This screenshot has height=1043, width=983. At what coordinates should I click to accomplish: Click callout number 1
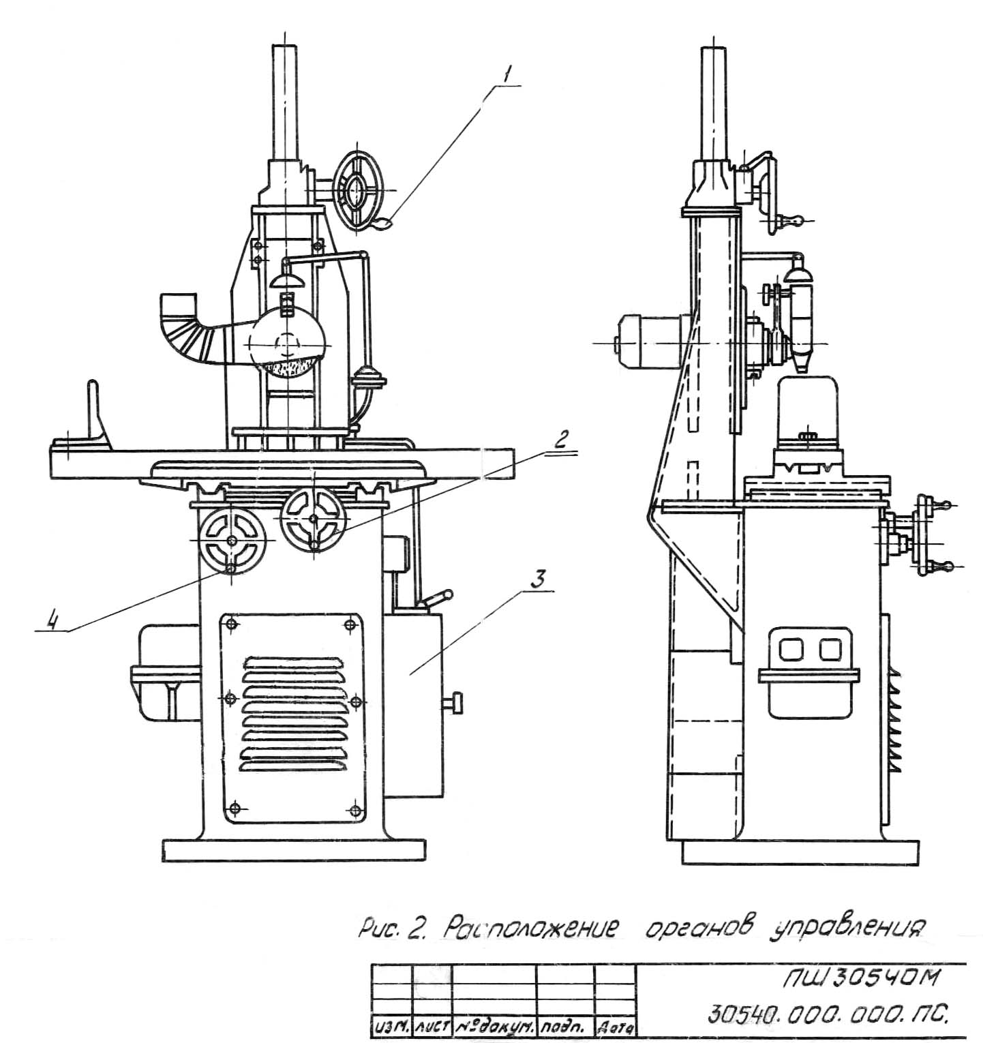pos(505,76)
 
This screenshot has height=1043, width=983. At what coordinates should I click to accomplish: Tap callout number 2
pos(560,440)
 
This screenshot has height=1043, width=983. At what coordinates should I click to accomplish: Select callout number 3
pos(538,581)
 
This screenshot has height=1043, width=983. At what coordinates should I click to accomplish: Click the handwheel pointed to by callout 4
pos(232,540)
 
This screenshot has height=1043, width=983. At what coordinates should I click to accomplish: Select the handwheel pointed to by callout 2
pos(314,519)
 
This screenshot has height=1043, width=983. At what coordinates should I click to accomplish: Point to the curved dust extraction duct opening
pos(179,305)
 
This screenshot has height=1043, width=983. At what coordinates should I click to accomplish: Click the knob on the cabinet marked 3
pos(455,701)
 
